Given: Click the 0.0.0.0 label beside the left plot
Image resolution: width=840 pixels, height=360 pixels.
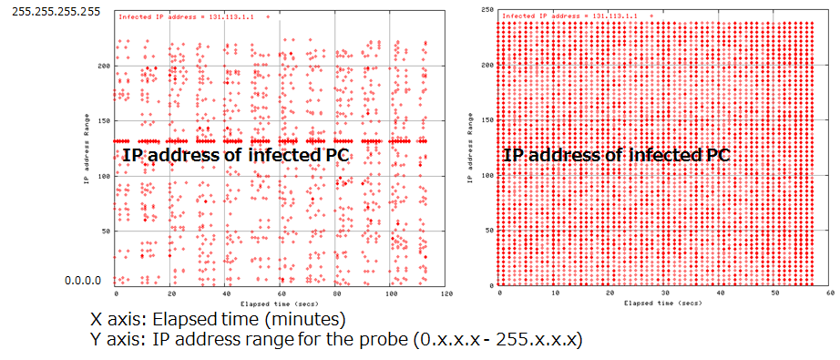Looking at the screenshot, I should click(87, 281).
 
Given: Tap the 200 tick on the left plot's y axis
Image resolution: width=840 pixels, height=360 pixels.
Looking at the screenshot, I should click(105, 66).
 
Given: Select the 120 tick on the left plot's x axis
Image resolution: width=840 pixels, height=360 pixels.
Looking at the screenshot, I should click(446, 294).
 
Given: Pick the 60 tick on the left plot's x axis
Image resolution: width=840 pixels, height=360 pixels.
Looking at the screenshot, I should click(281, 294).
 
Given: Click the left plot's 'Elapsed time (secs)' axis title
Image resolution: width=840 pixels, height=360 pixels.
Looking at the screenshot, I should click(281, 303).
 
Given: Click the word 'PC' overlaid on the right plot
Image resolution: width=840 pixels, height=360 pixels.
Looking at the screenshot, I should click(718, 155).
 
